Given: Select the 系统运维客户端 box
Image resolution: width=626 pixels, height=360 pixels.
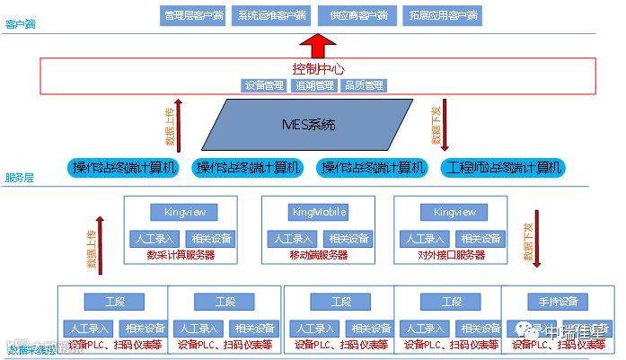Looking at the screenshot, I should [271, 15].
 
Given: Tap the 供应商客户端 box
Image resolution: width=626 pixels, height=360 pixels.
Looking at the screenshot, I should [358, 15].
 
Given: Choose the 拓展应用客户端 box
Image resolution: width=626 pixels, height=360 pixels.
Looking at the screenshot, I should [443, 15].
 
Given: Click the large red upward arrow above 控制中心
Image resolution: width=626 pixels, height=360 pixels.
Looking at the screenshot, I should [316, 44].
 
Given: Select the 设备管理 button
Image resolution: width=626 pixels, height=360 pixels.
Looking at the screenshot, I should [266, 85].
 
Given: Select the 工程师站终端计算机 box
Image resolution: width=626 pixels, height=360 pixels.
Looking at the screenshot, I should [502, 167].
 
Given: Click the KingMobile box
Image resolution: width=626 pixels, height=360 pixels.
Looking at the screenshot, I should [318, 212].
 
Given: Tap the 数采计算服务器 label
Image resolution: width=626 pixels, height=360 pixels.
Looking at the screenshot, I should [181, 255].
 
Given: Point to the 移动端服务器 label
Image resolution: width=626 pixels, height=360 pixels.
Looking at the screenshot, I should [318, 255].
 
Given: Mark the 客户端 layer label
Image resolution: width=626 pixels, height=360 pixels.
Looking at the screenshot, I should [19, 26].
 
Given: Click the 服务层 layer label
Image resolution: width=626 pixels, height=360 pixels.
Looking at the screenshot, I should [19, 178].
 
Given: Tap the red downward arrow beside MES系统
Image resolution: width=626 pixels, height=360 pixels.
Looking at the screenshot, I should [445, 126].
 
